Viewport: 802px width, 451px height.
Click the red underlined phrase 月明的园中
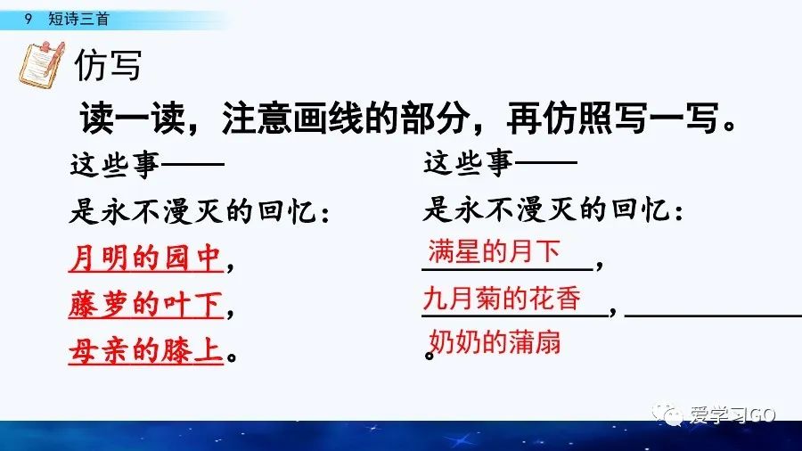(143, 259)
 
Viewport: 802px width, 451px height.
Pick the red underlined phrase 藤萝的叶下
(143, 306)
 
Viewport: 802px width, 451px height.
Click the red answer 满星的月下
(494, 250)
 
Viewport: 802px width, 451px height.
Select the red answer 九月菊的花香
(504, 299)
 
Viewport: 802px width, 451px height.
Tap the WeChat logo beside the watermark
(667, 414)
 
